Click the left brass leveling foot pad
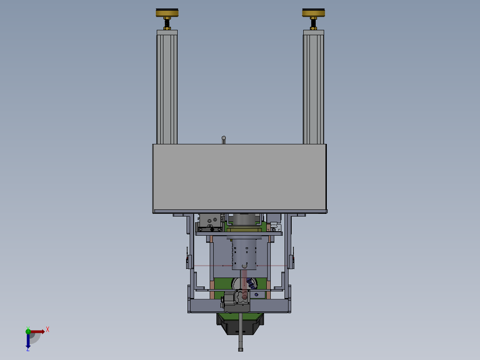point(167,13)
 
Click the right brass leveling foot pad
point(313,13)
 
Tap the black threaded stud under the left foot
point(167,23)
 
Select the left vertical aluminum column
point(167,89)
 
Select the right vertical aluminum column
point(313,89)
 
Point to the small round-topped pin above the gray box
point(224,140)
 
